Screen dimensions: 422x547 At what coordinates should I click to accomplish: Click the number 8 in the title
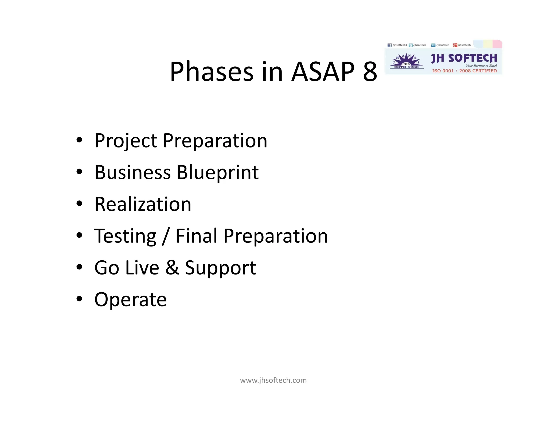pos(370,71)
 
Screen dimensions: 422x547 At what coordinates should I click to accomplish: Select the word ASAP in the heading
pos(323,71)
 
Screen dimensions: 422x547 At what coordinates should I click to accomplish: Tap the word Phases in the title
pos(212,71)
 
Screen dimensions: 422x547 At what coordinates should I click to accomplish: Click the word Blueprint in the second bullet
pos(218,172)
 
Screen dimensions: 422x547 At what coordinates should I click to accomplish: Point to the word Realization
pos(143,204)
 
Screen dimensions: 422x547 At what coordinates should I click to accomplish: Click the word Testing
pos(125,236)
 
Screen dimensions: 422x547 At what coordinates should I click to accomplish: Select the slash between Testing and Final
pos(166,236)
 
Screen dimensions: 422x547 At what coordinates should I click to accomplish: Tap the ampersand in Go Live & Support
pos(172,268)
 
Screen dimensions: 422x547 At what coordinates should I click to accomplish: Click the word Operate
pos(131,300)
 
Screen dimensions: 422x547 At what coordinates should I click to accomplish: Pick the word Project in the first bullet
pos(126,141)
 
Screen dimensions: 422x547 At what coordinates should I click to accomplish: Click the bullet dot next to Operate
pos(79,299)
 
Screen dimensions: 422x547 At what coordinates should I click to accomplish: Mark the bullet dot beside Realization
pos(79,204)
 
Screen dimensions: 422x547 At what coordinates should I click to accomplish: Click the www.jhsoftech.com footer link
pos(273,380)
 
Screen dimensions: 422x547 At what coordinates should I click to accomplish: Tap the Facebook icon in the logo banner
pos(389,45)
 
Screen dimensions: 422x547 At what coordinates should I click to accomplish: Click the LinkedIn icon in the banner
pos(433,45)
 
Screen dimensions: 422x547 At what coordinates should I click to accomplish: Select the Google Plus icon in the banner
pos(455,45)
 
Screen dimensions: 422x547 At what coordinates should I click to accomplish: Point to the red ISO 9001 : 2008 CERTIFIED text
pos(464,71)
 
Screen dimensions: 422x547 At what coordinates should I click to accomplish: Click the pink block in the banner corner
pos(497,44)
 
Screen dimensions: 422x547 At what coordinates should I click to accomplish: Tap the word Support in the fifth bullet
pos(221,268)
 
